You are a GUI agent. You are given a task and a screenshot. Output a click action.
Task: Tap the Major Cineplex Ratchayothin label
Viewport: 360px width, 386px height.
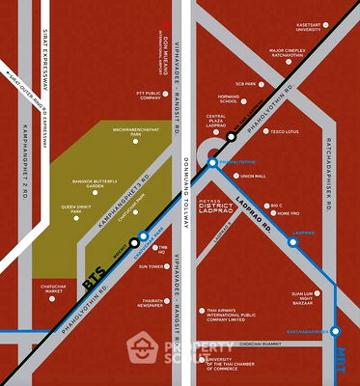[x=315, y=49]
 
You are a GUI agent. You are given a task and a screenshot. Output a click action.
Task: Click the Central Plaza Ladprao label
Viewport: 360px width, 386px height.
[x=215, y=122]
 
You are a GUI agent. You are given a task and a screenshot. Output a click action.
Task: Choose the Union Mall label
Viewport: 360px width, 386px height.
[x=252, y=176]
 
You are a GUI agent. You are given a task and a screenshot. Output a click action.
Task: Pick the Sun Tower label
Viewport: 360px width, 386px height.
[x=151, y=266]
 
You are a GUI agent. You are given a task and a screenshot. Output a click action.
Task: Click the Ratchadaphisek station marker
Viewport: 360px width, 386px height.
[x=336, y=331]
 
